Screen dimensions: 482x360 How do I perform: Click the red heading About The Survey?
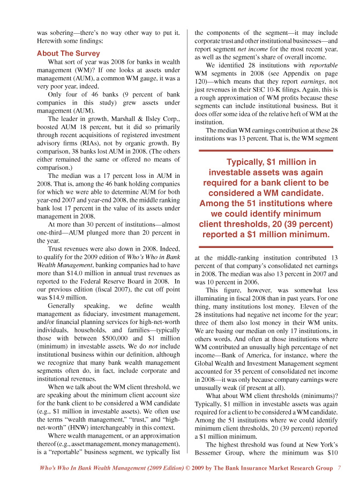68,54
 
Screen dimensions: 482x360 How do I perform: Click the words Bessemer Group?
217,442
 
